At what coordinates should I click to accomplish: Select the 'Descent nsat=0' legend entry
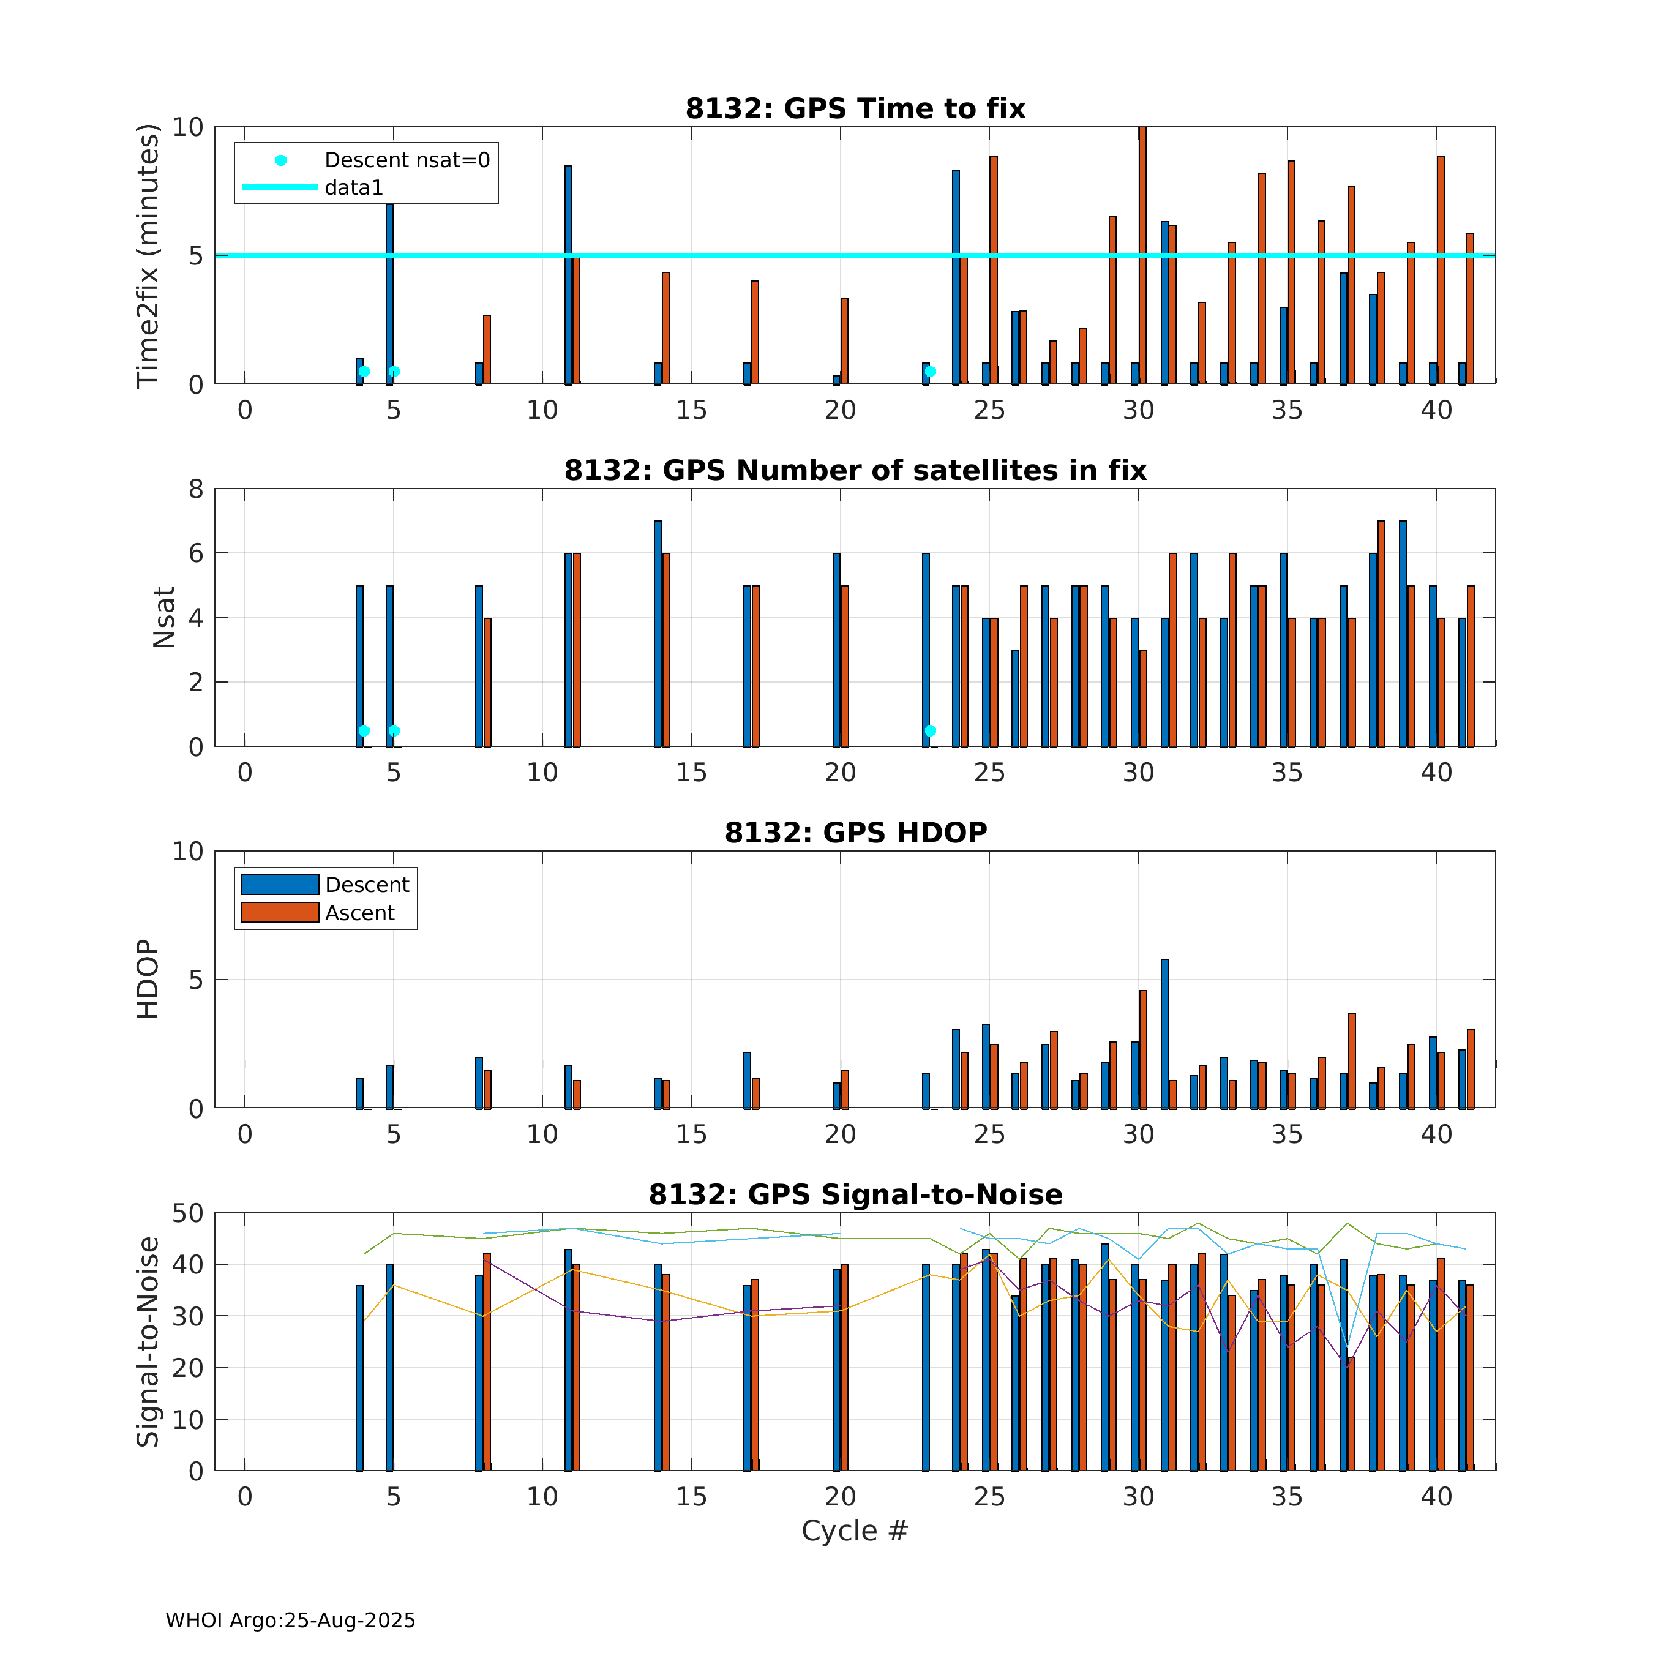pos(407,160)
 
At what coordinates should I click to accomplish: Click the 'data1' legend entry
pos(353,187)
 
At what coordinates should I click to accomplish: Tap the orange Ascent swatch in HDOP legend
pos(280,912)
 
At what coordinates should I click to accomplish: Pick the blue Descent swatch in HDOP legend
pos(280,884)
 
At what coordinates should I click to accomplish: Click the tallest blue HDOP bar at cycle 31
pos(1164,1033)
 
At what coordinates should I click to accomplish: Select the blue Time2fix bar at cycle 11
pos(568,274)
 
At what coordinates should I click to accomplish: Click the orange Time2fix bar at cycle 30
pos(1142,255)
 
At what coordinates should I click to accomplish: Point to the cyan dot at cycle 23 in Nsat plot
pos(930,730)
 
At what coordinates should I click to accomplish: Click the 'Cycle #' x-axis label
pos(854,1531)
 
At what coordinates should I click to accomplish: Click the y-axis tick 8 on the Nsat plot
pos(196,489)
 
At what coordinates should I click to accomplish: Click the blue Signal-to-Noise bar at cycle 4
pos(359,1377)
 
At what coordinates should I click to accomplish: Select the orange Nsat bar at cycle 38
pos(1381,633)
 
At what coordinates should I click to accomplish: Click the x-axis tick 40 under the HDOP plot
pos(1436,1134)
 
